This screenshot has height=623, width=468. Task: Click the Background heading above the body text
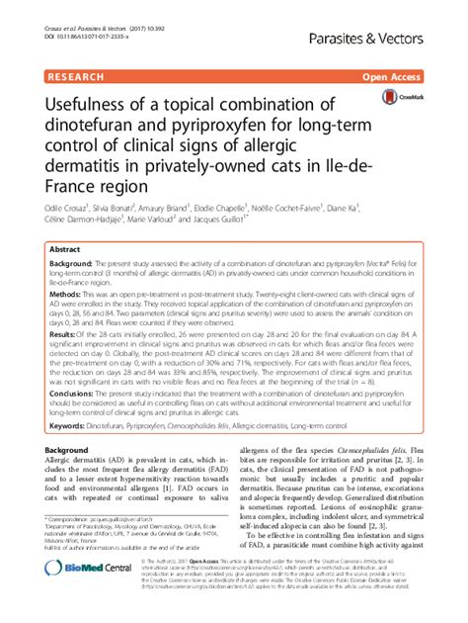[x=74, y=449]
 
